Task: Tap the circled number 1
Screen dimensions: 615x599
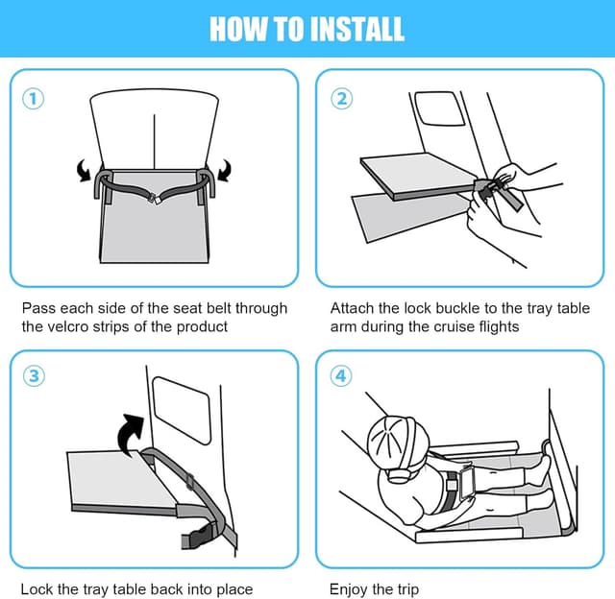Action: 34,99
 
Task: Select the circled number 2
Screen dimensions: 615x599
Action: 342,99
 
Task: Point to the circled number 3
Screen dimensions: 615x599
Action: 34,376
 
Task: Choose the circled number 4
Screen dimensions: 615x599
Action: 341,376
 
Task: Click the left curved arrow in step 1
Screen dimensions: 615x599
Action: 84,171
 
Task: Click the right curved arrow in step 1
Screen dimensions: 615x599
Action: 225,170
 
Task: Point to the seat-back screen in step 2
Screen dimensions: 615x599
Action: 440,108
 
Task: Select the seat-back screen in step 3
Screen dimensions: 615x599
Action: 182,410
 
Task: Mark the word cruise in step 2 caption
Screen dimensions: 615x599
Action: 453,326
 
